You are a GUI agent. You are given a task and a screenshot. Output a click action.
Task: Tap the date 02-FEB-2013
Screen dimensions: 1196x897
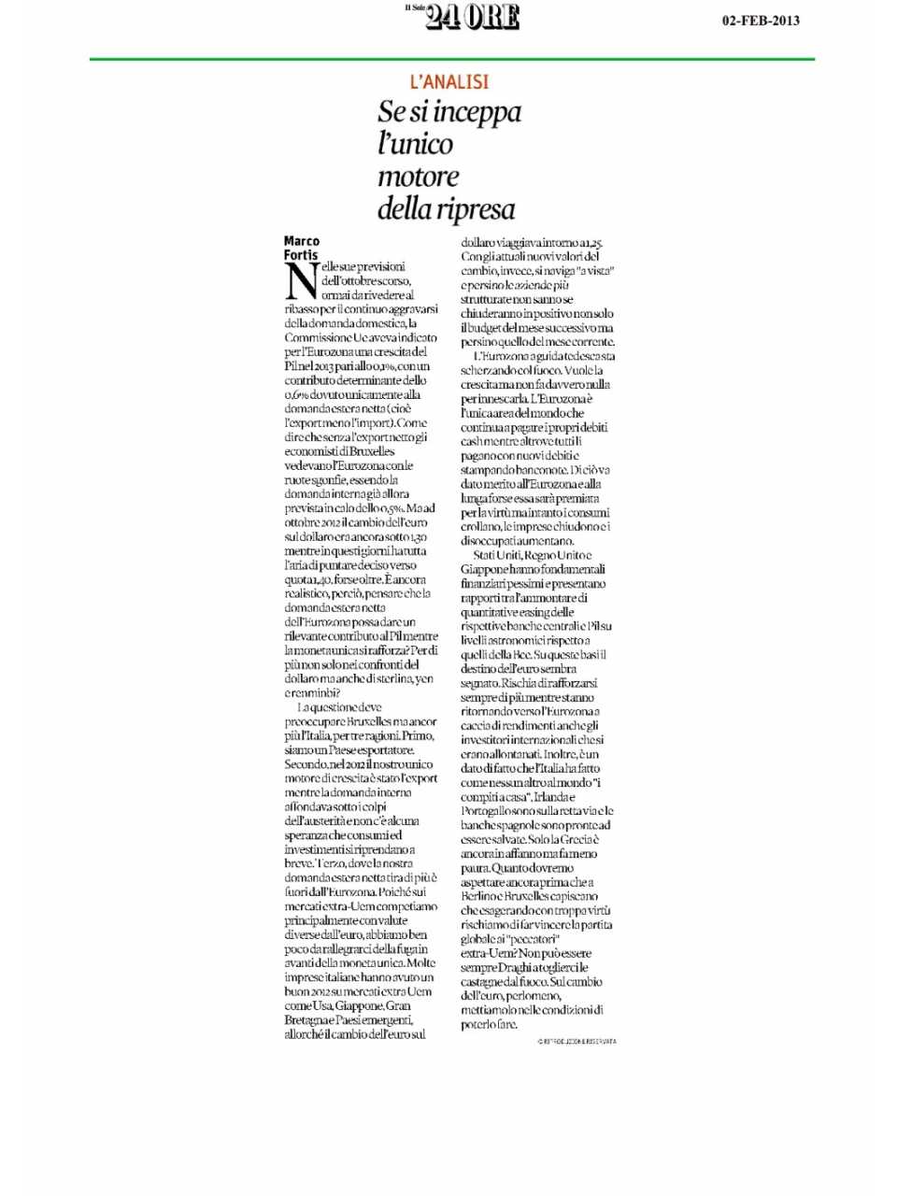(x=761, y=21)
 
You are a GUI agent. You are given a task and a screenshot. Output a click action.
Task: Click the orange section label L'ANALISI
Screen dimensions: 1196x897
(x=449, y=82)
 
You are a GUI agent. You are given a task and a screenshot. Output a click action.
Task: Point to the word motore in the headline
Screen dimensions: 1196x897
(x=418, y=177)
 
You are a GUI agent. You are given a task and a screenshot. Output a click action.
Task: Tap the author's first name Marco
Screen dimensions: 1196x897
(x=301, y=241)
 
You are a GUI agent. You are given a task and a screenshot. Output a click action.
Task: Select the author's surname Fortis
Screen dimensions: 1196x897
(x=301, y=254)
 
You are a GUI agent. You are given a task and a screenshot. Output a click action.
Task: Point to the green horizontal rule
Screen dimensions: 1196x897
(x=451, y=59)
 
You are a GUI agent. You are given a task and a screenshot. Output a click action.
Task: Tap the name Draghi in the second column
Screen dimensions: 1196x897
(x=512, y=968)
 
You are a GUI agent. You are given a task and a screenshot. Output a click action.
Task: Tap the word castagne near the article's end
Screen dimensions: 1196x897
(x=483, y=982)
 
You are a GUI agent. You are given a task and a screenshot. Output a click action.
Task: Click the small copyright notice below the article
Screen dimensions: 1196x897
(x=577, y=1041)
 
